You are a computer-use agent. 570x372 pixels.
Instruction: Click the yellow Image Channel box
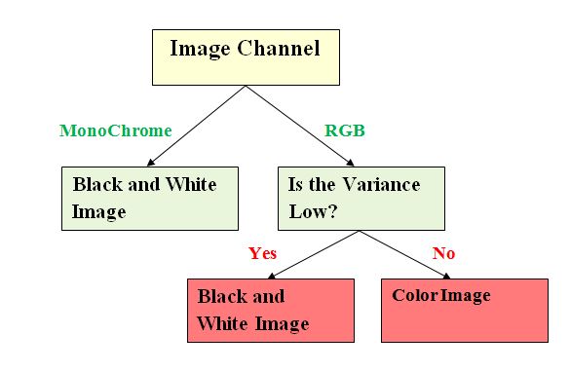(246, 56)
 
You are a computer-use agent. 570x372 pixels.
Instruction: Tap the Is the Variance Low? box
(361, 198)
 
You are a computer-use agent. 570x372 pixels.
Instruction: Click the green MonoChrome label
(115, 130)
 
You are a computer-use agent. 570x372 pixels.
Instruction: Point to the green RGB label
(344, 130)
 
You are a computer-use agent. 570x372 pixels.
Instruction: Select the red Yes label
(262, 253)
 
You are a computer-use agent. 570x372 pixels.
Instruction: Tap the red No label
(443, 253)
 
